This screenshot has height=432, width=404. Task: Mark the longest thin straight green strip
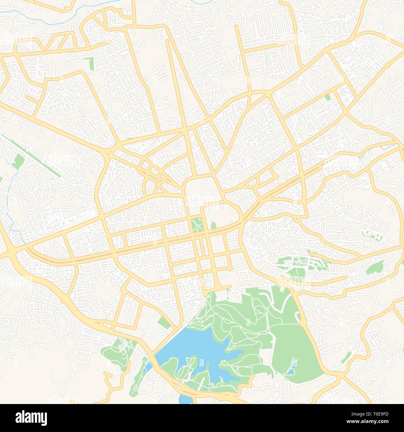(x=31, y=155)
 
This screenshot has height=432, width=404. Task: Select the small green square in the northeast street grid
(x=328, y=97)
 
